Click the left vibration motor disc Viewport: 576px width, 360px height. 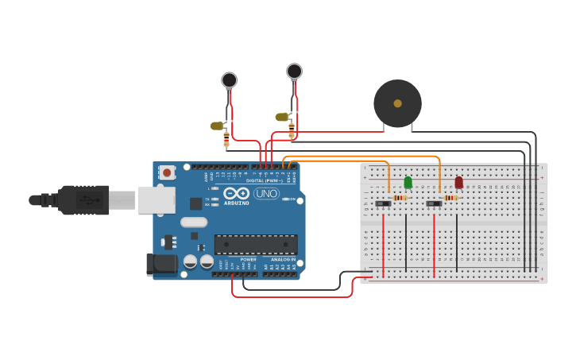(230, 79)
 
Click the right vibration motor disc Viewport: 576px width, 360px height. (294, 72)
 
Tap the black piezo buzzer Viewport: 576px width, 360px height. (397, 103)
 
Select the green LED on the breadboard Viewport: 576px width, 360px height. (408, 183)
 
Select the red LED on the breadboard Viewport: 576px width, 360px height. (458, 183)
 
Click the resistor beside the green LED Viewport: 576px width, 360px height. (400, 198)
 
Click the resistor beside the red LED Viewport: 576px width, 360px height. (450, 198)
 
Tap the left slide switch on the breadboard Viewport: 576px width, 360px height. (383, 203)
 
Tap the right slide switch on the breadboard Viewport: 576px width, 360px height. (434, 203)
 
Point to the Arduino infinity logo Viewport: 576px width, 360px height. (236, 193)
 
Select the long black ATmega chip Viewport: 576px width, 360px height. (256, 244)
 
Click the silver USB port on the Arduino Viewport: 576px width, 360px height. (156, 200)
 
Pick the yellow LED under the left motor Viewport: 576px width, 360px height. (217, 126)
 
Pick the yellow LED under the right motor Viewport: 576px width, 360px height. (281, 117)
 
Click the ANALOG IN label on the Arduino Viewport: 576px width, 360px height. (284, 259)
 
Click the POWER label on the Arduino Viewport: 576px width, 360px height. (249, 259)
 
